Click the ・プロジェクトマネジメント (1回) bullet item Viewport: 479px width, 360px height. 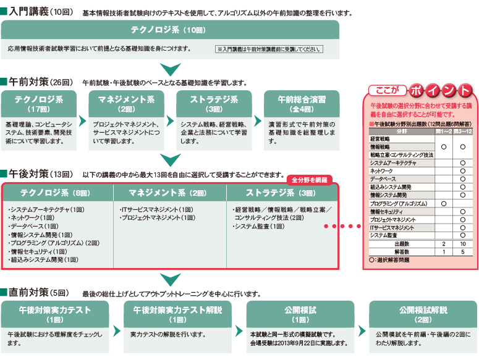point(158,218)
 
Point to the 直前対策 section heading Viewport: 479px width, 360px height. point(31,291)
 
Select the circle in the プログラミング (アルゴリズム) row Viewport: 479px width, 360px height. point(444,203)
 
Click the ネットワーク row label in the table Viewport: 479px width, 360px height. point(383,170)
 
